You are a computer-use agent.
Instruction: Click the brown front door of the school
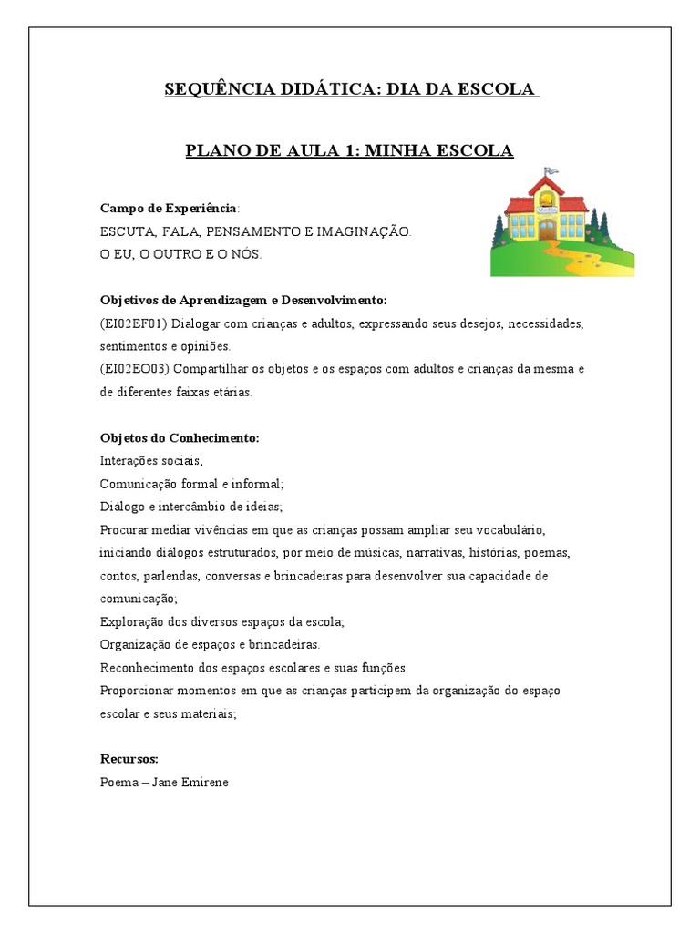pos(546,229)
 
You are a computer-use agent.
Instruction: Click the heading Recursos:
pos(129,758)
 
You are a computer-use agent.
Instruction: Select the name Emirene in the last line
pos(201,782)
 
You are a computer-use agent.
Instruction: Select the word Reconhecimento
pos(149,667)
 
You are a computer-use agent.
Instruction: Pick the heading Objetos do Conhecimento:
pos(180,437)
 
